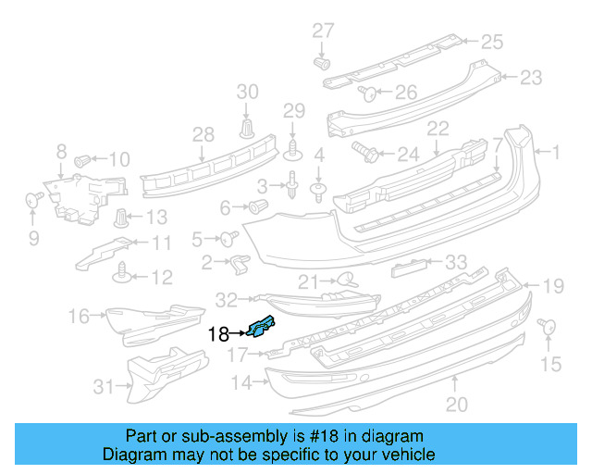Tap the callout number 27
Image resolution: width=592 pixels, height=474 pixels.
(x=322, y=31)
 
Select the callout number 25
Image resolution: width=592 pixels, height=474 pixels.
(x=491, y=41)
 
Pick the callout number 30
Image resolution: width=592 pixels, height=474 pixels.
(x=248, y=92)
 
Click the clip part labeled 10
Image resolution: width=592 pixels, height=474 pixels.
(x=81, y=159)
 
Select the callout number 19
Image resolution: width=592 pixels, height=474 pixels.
(x=552, y=287)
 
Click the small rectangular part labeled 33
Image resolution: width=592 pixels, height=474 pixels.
(x=408, y=268)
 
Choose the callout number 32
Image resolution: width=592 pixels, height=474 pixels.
(x=227, y=299)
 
